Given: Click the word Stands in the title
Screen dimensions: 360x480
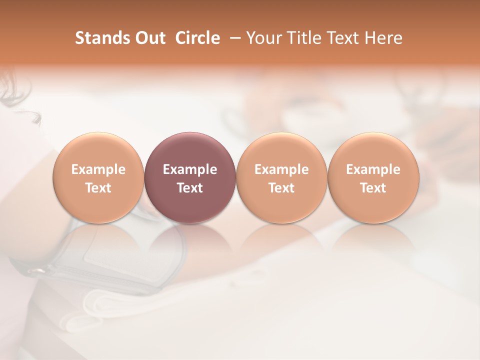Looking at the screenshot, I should pos(102,38).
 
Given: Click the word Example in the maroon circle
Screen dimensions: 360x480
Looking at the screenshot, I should pos(190,169).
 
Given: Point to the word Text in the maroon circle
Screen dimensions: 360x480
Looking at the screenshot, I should pos(190,188).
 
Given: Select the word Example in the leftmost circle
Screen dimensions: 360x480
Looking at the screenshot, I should pos(98,169).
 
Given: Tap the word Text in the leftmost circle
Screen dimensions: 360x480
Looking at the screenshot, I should pos(98,188).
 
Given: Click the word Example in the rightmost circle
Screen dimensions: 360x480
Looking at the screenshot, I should pos(373,169).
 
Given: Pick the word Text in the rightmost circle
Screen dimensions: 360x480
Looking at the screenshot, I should pos(373,188).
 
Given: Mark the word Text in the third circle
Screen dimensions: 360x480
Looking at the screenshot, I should pos(281,188).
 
